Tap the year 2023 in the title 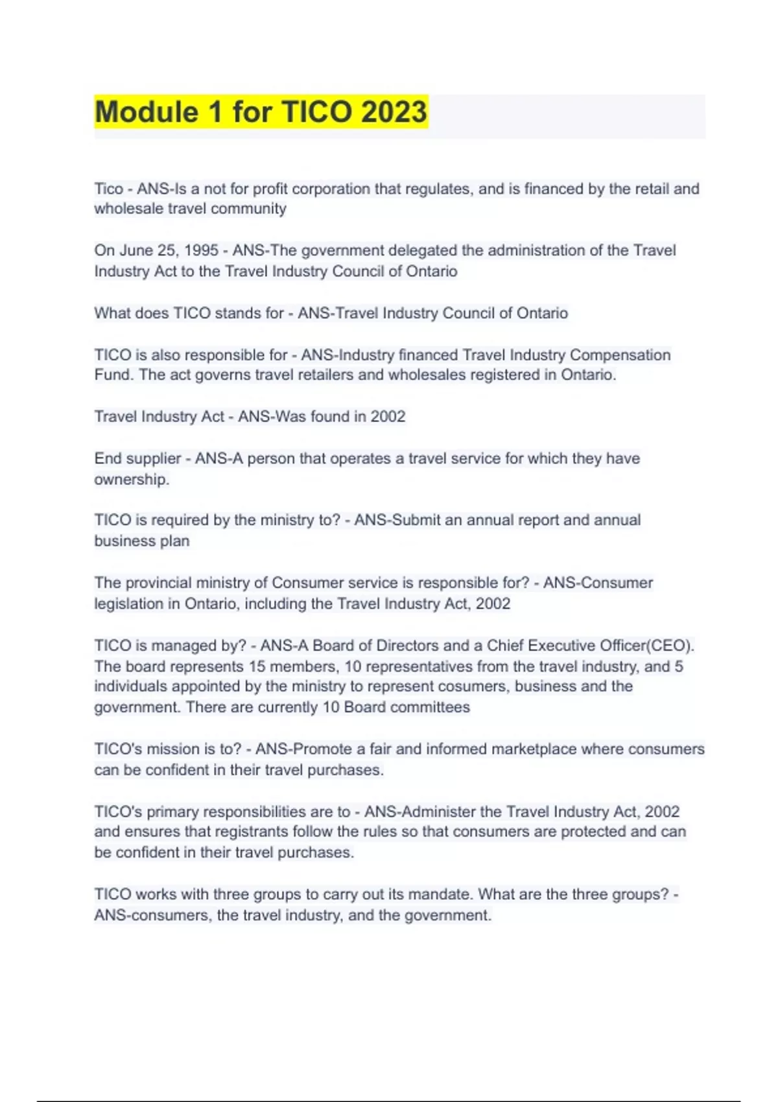(x=394, y=111)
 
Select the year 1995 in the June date (x=202, y=250)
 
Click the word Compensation (x=620, y=355)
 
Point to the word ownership (x=132, y=479)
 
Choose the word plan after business (x=175, y=541)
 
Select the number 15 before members (x=257, y=666)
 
